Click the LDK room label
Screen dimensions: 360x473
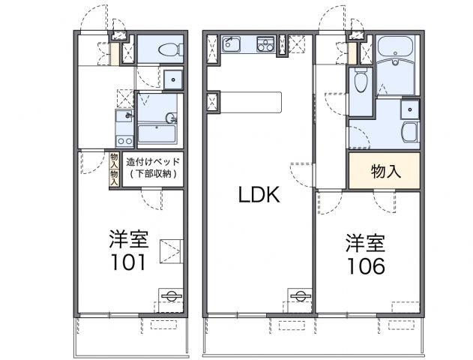pos(259,196)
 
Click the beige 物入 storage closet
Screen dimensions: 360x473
pos(386,170)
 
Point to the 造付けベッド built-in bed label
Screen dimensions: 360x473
pos(152,161)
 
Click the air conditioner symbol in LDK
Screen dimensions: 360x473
pos(301,295)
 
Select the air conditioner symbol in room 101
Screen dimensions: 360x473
pos(169,294)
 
